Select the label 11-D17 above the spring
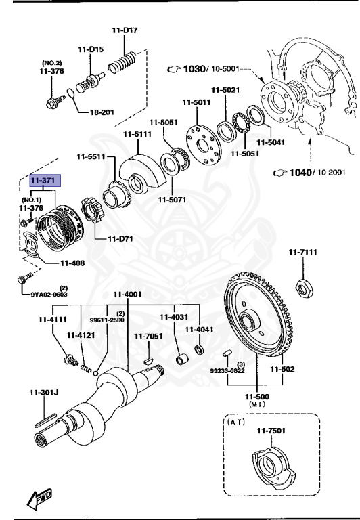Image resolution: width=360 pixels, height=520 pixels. [x=125, y=30]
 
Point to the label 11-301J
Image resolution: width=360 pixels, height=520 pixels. [x=43, y=392]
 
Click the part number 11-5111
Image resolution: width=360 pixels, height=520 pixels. [x=137, y=134]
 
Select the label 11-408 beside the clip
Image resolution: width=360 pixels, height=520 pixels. [x=72, y=263]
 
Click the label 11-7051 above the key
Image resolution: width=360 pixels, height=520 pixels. [x=148, y=336]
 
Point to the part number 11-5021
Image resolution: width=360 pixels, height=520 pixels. [x=225, y=90]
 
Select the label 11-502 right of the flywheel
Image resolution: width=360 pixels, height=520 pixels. [x=283, y=369]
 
